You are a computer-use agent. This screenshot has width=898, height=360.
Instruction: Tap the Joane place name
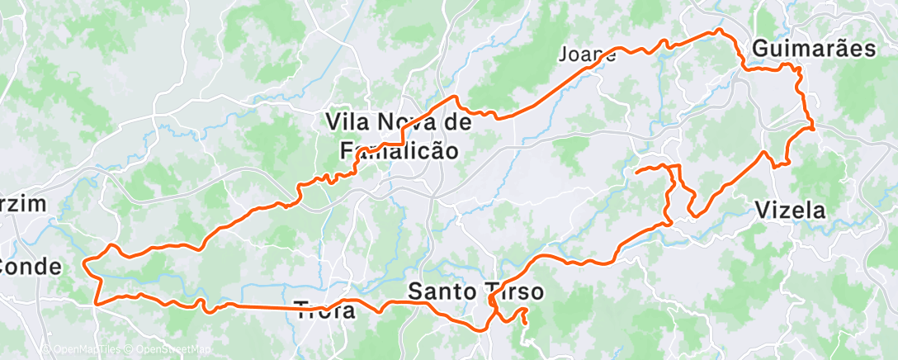(587, 55)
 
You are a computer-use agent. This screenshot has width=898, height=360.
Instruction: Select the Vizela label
(790, 211)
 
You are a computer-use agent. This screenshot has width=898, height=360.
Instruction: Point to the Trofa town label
(325, 311)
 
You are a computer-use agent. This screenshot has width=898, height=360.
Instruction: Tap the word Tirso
(511, 291)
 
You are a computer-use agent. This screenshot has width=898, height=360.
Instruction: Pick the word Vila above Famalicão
(346, 122)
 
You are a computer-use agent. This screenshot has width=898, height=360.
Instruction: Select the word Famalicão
(399, 150)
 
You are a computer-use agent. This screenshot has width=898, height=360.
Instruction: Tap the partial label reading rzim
(21, 205)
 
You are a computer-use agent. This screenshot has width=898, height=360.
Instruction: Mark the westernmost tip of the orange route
(84, 263)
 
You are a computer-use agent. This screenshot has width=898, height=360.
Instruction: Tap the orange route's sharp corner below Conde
(97, 303)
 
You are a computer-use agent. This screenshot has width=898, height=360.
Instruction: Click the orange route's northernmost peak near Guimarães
(718, 31)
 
